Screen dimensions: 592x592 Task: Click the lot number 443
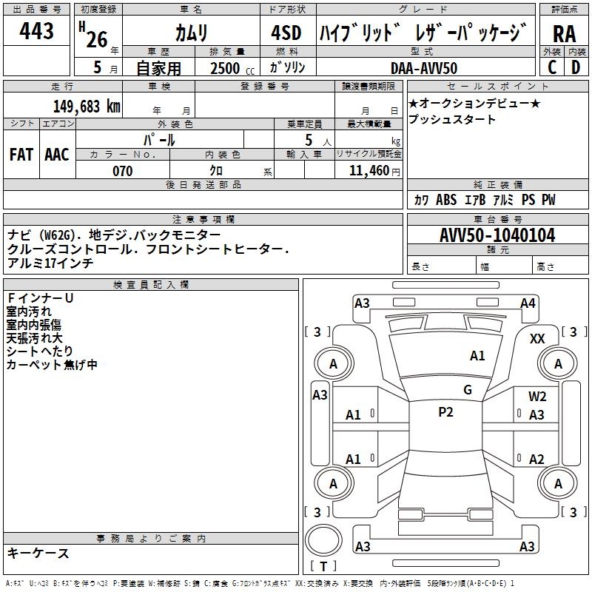click(x=37, y=32)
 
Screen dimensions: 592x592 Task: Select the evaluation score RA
click(x=564, y=33)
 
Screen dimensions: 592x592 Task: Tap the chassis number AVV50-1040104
click(x=497, y=235)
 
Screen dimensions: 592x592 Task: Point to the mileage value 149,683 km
click(x=87, y=106)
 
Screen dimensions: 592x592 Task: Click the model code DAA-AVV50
click(x=424, y=68)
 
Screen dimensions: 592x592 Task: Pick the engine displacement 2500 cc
click(x=229, y=68)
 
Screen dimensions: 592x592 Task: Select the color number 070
click(x=123, y=171)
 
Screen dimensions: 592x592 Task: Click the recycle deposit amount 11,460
click(x=370, y=171)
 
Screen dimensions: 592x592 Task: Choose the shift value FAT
click(x=21, y=155)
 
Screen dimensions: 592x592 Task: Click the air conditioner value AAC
click(x=56, y=155)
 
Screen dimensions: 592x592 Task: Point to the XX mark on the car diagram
click(x=537, y=339)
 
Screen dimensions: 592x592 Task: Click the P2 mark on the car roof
click(x=445, y=412)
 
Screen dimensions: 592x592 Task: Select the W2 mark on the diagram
click(x=537, y=397)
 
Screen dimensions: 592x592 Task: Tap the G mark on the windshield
click(x=467, y=390)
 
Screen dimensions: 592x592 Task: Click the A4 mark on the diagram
click(x=528, y=303)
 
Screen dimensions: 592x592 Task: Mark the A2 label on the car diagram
click(x=536, y=459)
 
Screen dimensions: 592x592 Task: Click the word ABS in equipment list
click(x=446, y=200)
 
